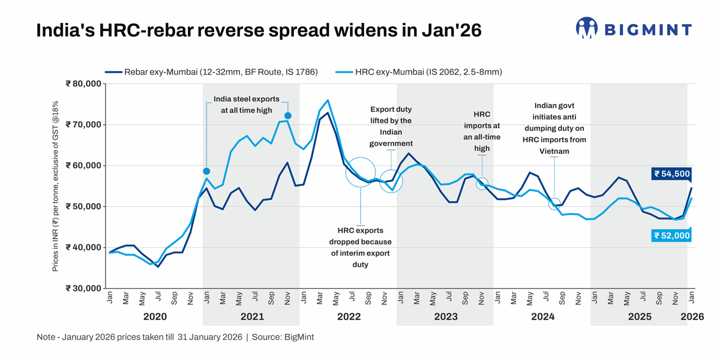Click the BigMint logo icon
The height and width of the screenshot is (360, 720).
[587, 28]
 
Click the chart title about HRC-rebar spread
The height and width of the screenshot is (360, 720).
[259, 30]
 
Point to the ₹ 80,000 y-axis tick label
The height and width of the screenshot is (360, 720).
[83, 84]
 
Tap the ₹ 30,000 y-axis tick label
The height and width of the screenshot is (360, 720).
[83, 288]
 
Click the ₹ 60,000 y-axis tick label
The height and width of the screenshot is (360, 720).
[83, 166]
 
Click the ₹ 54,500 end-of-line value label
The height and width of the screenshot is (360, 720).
[671, 173]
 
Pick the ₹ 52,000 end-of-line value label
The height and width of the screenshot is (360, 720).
[671, 236]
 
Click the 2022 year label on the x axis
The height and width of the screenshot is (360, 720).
[349, 316]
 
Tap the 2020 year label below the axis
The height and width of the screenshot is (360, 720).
[154, 316]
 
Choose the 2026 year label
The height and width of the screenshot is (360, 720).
[692, 316]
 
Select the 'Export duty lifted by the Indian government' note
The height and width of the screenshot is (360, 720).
[391, 127]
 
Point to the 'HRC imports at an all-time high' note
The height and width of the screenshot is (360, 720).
[482, 131]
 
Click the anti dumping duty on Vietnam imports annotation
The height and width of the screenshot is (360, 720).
[554, 128]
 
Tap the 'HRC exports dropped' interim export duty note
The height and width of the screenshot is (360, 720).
[360, 247]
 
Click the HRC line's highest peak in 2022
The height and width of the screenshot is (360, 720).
[328, 101]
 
